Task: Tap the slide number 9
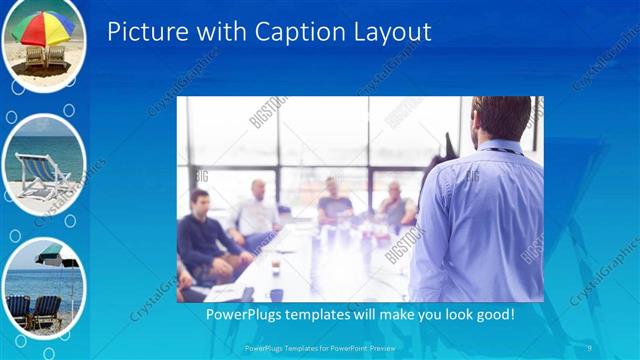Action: [x=591, y=348]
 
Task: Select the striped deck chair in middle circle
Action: [x=40, y=176]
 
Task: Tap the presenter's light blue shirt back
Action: [x=480, y=220]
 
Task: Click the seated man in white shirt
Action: [x=258, y=210]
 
